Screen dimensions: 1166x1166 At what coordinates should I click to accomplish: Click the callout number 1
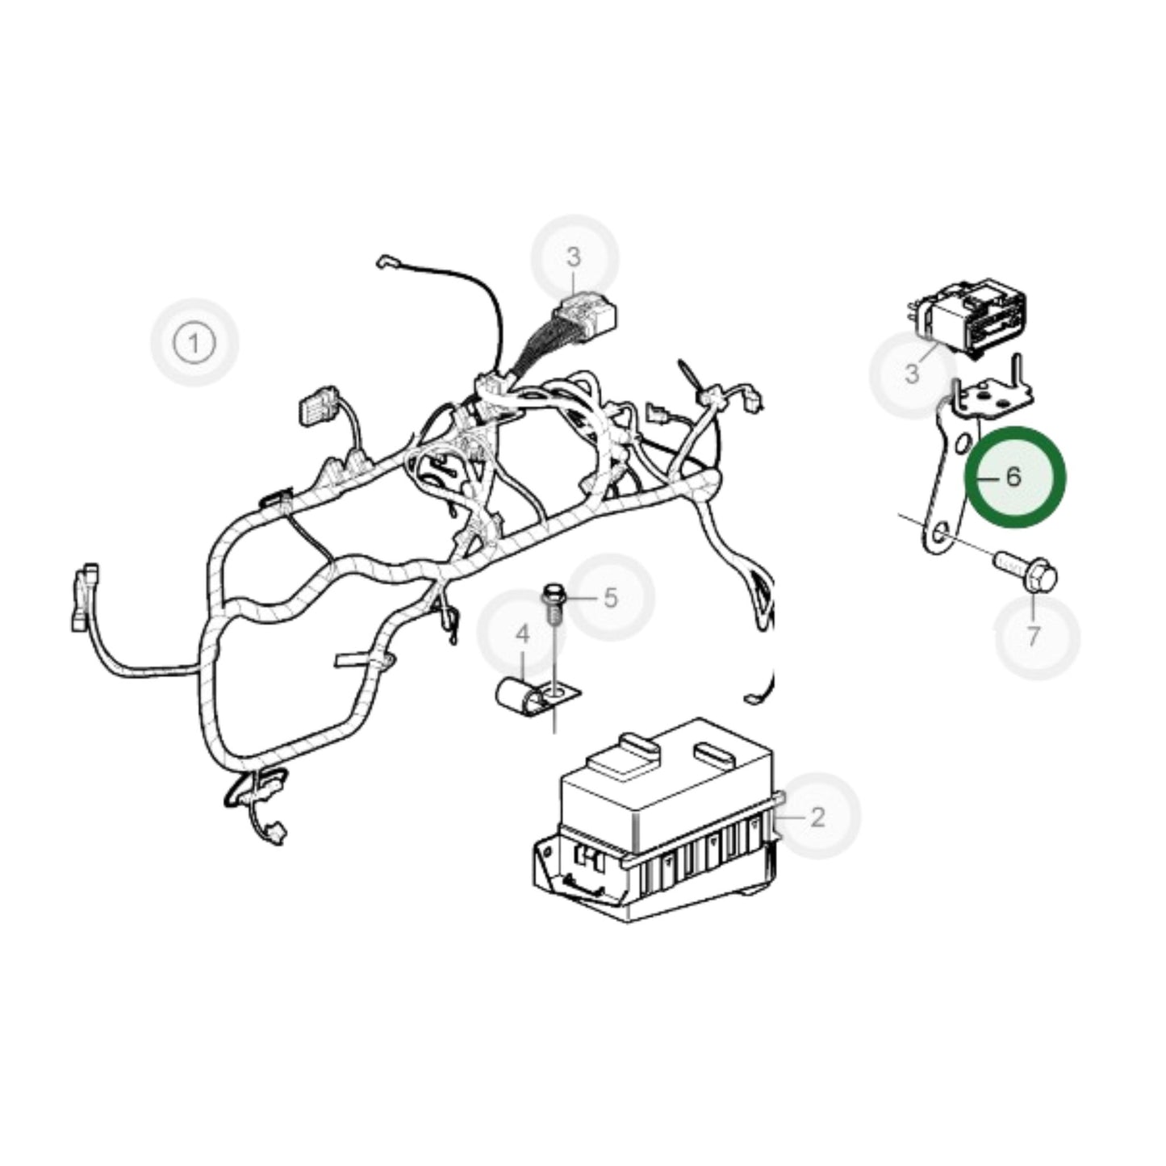pos(194,343)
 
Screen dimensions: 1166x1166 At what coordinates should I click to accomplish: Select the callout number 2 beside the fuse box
pos(817,817)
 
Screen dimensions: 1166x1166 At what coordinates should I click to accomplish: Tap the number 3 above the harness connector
pos(574,257)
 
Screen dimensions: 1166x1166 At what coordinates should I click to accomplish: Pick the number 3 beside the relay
pos(913,374)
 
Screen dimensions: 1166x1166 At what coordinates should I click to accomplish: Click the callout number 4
pos(523,634)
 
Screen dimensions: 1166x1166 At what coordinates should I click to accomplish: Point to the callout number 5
pos(610,598)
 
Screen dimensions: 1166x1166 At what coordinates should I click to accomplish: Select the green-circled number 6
pos(1014,477)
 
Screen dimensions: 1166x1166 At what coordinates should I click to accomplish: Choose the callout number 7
pos(1034,637)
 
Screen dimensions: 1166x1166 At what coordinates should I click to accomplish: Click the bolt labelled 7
pos(1025,571)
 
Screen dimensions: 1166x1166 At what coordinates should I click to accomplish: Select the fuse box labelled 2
pos(662,831)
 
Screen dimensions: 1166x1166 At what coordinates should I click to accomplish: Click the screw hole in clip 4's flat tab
pos(554,692)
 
